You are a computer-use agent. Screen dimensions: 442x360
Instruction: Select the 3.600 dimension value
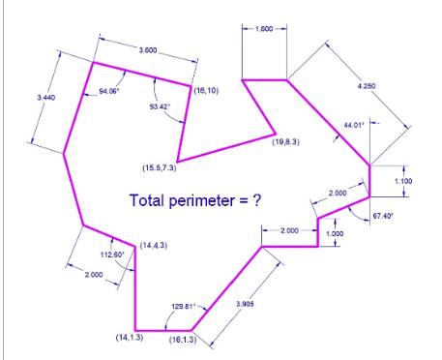148,49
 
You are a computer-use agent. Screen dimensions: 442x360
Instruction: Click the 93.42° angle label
160,106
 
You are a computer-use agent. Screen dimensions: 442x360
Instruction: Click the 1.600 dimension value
264,29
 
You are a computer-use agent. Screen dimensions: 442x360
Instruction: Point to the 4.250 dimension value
366,87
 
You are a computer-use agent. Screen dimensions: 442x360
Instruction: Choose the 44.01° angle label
354,125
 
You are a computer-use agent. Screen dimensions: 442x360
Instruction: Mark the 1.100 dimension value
404,180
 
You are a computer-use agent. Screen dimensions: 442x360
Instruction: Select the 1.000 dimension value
335,233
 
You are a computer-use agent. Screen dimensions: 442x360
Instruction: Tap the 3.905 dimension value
247,304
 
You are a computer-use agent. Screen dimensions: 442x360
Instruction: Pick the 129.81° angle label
184,306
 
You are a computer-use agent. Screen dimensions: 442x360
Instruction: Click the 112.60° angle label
113,255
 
